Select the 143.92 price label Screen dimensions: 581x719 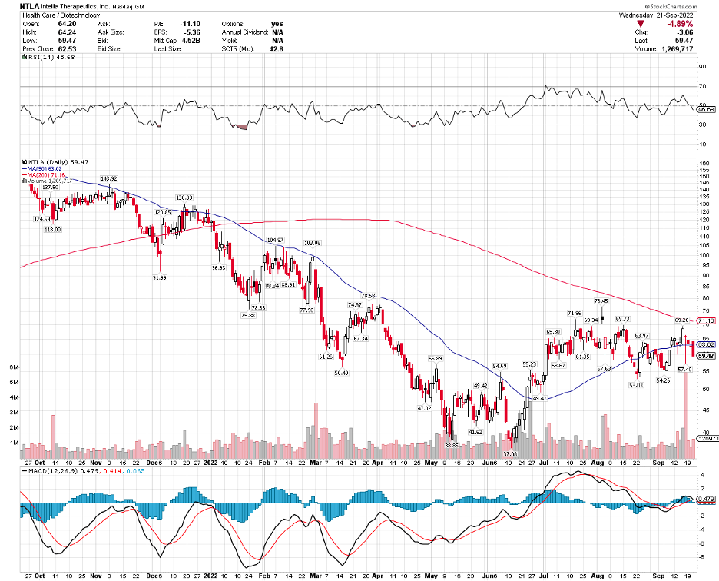108,178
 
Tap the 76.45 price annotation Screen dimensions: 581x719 601,301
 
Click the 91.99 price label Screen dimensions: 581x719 160,277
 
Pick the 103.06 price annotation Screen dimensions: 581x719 312,243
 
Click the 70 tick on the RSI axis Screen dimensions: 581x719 701,87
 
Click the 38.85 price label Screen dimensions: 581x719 451,445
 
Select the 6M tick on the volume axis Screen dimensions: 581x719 13,367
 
